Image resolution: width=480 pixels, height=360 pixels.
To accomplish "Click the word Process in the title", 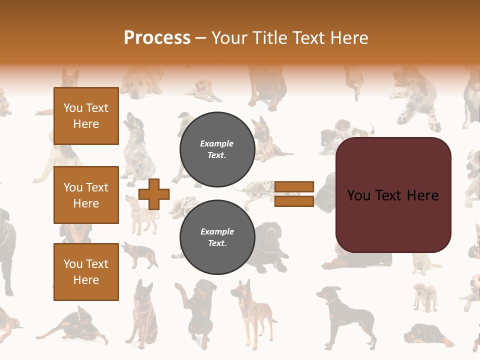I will [157, 37].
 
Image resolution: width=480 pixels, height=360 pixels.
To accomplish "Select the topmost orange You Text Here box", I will [86, 116].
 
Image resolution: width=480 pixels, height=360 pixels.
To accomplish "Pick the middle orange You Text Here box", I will [86, 195].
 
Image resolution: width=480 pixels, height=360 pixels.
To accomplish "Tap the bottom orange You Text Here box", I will [86, 271].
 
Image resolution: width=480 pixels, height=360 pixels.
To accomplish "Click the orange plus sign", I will [153, 194].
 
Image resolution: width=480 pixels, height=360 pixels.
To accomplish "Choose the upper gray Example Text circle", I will [217, 149].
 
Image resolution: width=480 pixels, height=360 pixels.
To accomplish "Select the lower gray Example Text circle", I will [217, 237].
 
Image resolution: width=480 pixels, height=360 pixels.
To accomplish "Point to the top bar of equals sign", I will [294, 187].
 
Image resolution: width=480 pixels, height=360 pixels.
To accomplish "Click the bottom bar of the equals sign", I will [294, 201].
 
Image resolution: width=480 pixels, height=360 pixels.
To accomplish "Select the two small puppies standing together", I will [424, 296].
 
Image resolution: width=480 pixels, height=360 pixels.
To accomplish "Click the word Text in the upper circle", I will [216, 155].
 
